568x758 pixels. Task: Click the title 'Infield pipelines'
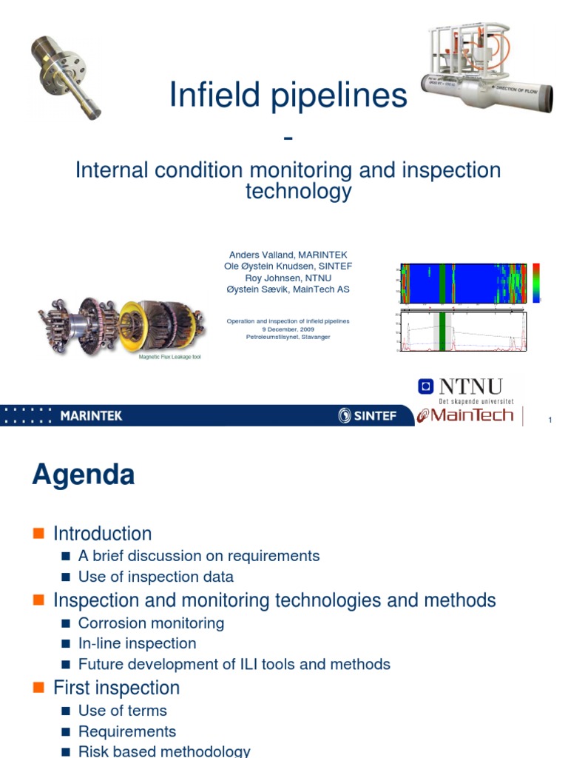click(x=288, y=95)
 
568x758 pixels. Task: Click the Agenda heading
click(x=83, y=474)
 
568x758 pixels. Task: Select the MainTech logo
click(x=466, y=415)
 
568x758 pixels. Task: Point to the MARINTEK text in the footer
click(x=91, y=416)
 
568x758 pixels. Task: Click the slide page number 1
click(x=550, y=420)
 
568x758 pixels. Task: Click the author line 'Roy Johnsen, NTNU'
click(x=288, y=278)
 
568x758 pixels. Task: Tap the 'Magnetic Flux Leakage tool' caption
click(x=170, y=356)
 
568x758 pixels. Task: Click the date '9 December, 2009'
click(x=288, y=329)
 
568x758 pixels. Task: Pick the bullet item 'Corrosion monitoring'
click(x=151, y=623)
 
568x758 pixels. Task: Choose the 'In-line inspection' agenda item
click(x=137, y=643)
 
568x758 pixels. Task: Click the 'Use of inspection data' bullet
click(x=155, y=577)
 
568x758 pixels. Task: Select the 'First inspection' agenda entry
click(x=116, y=688)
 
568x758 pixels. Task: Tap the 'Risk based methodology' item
click(x=164, y=751)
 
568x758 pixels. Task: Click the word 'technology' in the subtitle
click(x=298, y=192)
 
